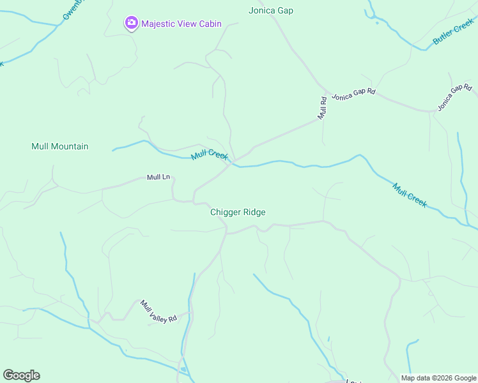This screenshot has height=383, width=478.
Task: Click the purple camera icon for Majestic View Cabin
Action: pos(131,24)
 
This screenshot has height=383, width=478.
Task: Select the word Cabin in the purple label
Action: pos(209,24)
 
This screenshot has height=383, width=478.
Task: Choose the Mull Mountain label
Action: pos(60,146)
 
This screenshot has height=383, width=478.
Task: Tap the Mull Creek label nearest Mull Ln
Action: pos(210,154)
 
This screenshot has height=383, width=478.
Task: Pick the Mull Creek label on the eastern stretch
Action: pos(410,195)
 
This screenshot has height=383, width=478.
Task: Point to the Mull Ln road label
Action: pos(158,177)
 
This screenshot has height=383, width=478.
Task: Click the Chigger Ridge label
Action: pos(238,212)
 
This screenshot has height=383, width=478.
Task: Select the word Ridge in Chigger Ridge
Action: pos(254,212)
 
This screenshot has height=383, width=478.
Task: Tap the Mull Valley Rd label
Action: pos(158,311)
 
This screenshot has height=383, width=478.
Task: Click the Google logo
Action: pos(21,375)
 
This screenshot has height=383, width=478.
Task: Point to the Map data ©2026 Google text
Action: pos(438,378)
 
